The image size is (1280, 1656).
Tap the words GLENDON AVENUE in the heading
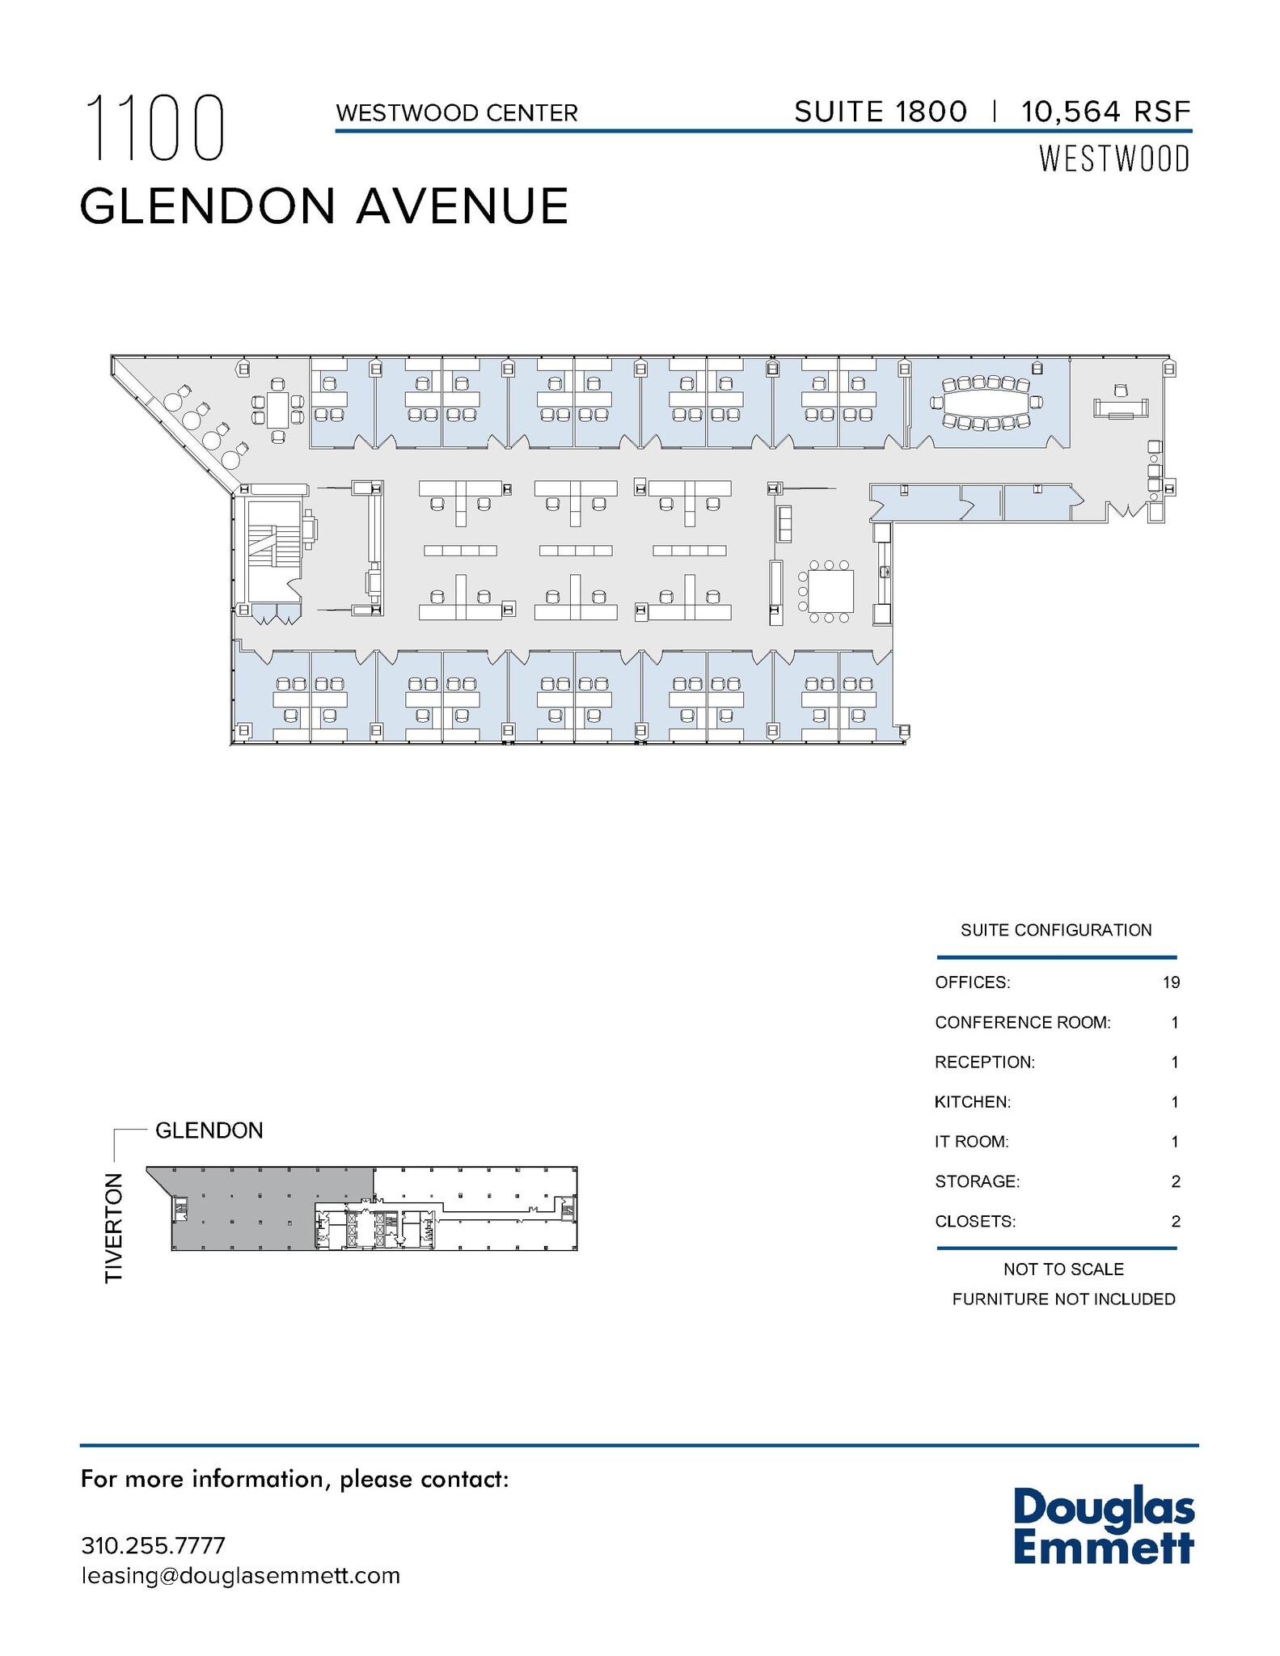pyautogui.click(x=324, y=206)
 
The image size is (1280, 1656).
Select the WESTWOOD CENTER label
pyautogui.click(x=457, y=113)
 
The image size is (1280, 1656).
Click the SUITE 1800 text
pyautogui.click(x=881, y=112)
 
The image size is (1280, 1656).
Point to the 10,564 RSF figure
pyautogui.click(x=1105, y=112)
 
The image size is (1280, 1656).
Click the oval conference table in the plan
pyautogui.click(x=986, y=402)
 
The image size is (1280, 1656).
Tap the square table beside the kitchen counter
pyautogui.click(x=830, y=591)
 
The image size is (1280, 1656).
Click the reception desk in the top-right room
pyautogui.click(x=1121, y=408)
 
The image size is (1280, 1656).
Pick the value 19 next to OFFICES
pyautogui.click(x=1171, y=982)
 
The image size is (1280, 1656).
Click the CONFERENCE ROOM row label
pyautogui.click(x=1023, y=1023)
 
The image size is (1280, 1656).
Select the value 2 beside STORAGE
pyautogui.click(x=1175, y=1182)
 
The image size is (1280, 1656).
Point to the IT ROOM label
pyautogui.click(x=972, y=1142)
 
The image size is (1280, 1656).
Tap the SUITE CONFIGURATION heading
pyautogui.click(x=1056, y=931)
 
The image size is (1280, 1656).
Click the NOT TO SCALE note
pyautogui.click(x=1063, y=1269)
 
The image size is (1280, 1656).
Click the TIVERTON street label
pyautogui.click(x=114, y=1227)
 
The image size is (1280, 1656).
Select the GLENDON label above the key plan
pyautogui.click(x=209, y=1130)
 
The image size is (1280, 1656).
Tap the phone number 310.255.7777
pyautogui.click(x=154, y=1545)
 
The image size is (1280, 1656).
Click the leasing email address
pyautogui.click(x=241, y=1576)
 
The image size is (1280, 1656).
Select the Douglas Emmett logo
pyautogui.click(x=1104, y=1526)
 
